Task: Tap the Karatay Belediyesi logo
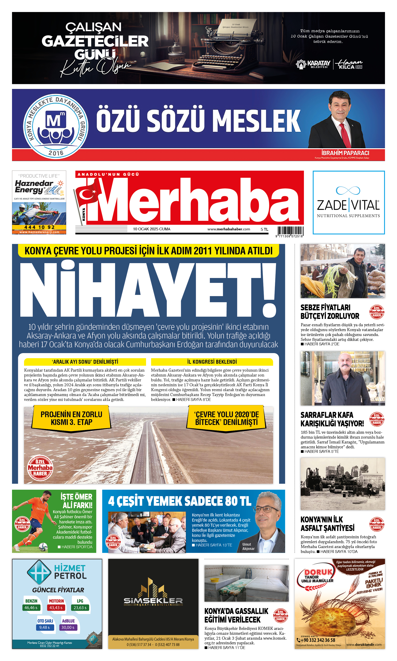(313, 64)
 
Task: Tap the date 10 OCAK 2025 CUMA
(152, 229)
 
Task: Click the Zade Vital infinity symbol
(348, 190)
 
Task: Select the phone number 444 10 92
(39, 227)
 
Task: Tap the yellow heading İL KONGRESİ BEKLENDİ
(212, 362)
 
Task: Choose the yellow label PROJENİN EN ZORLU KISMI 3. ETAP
(71, 418)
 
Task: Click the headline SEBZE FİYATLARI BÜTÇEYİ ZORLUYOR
(330, 312)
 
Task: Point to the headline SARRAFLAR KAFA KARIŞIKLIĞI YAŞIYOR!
(332, 419)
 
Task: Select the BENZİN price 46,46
(31, 607)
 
